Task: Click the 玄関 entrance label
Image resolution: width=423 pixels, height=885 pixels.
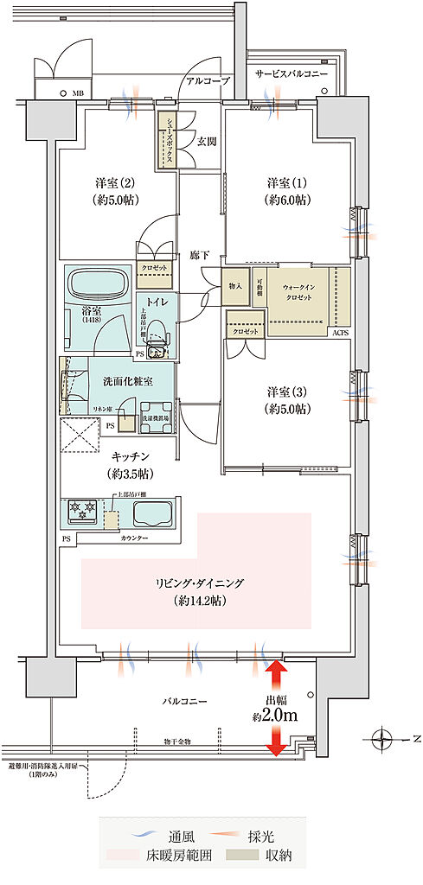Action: click(205, 141)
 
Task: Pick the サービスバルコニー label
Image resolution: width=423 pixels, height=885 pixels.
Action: click(292, 74)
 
